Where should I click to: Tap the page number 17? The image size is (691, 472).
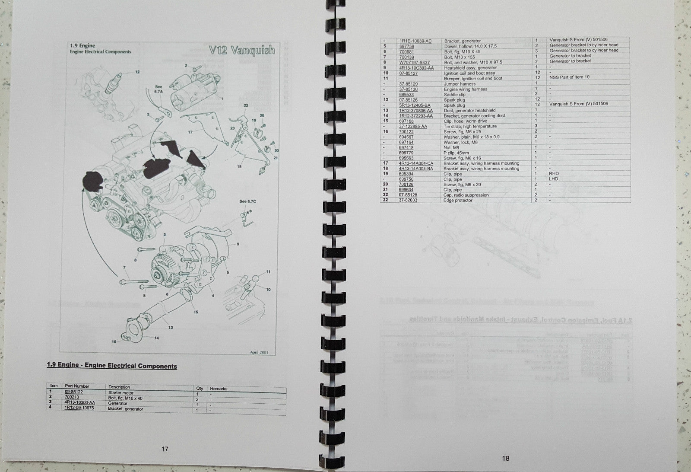click(x=165, y=449)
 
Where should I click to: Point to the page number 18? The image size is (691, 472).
click(x=506, y=459)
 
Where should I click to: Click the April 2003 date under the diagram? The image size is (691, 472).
click(x=259, y=352)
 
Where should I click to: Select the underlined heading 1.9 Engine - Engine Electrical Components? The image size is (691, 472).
click(x=112, y=366)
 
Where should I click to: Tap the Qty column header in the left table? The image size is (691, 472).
click(x=200, y=388)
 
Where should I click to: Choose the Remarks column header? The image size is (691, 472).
click(x=219, y=389)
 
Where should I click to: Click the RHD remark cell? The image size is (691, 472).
click(x=554, y=174)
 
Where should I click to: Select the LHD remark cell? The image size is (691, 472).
click(x=554, y=179)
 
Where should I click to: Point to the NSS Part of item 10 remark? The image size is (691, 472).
click(x=569, y=77)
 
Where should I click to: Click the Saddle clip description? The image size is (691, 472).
click(x=455, y=94)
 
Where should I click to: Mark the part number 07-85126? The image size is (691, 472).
click(x=408, y=99)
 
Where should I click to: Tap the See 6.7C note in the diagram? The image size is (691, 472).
click(x=248, y=201)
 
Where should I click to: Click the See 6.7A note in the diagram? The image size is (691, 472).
click(x=158, y=89)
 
